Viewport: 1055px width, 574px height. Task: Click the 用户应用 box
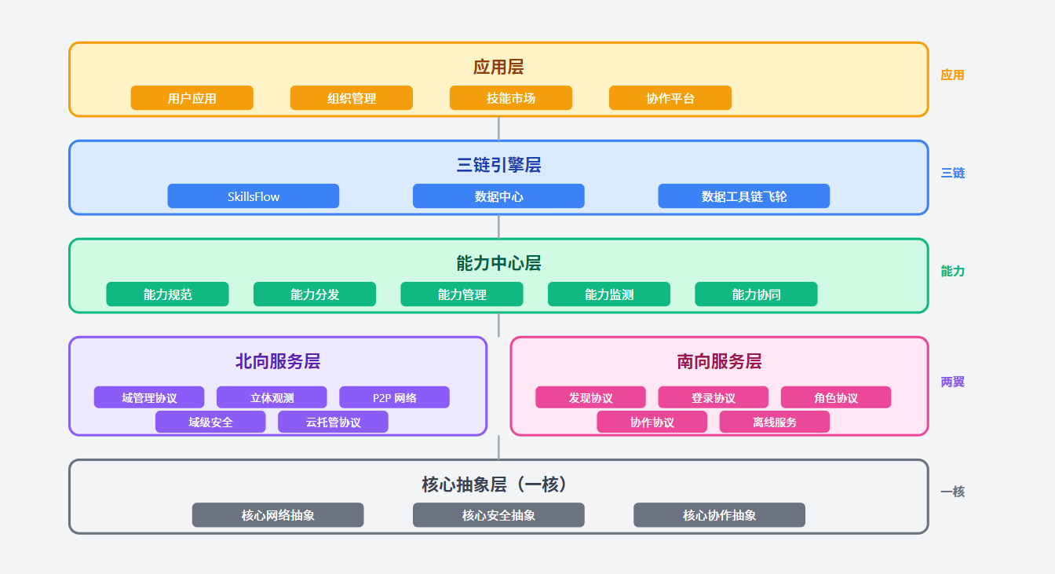(x=192, y=98)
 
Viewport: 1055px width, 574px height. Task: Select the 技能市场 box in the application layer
(x=510, y=98)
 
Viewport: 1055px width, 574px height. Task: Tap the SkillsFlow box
(x=253, y=196)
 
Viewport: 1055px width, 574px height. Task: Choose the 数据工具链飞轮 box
(x=743, y=196)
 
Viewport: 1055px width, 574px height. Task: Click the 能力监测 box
(x=608, y=294)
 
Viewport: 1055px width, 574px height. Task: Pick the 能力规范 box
(x=167, y=294)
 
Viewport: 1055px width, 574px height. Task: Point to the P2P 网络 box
(x=394, y=397)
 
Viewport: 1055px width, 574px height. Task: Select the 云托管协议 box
(x=333, y=422)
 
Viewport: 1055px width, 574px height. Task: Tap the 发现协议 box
(x=590, y=397)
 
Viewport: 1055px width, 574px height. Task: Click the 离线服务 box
(x=774, y=422)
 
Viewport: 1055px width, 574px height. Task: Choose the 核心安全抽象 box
(x=498, y=515)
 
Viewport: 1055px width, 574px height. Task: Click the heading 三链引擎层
(x=498, y=165)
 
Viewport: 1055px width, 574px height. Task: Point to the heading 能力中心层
(x=498, y=263)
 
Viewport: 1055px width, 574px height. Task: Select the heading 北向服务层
(x=278, y=361)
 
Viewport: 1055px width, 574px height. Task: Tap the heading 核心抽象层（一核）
(x=498, y=484)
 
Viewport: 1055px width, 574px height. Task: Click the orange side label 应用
(x=952, y=75)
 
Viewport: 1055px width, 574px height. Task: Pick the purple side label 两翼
(x=952, y=382)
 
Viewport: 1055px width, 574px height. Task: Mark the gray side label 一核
(x=952, y=492)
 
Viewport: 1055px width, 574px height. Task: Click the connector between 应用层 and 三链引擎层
(x=498, y=129)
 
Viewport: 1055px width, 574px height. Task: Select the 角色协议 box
(x=835, y=397)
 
